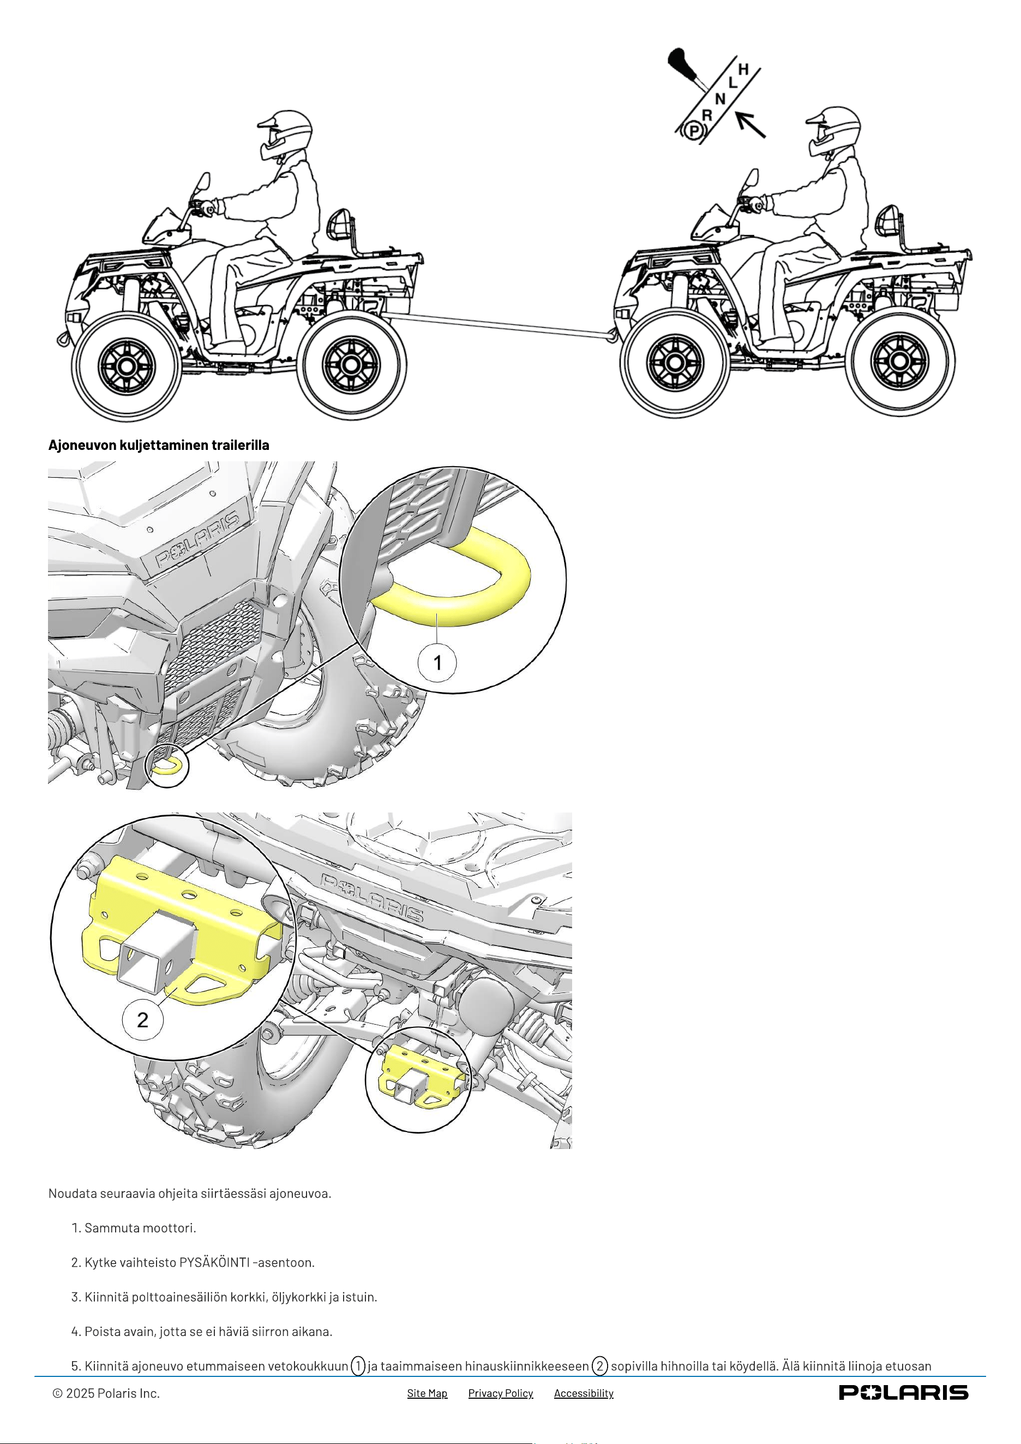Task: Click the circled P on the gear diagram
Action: pos(693,131)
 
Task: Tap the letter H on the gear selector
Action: pos(743,69)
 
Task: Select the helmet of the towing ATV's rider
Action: pos(836,131)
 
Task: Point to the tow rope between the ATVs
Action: pos(500,327)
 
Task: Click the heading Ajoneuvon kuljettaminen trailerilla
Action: pos(159,444)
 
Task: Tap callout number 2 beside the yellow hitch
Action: pos(143,1020)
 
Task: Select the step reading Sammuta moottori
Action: pos(134,1228)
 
